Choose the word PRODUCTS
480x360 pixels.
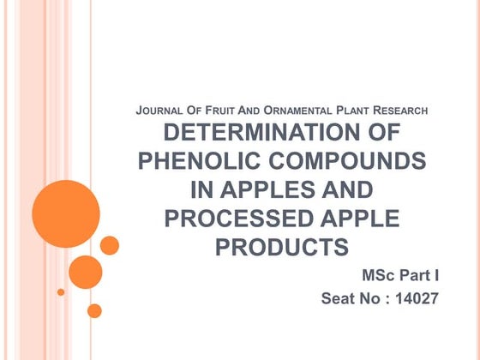point(282,247)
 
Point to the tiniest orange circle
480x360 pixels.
point(61,291)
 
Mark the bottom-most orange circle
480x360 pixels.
point(94,310)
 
